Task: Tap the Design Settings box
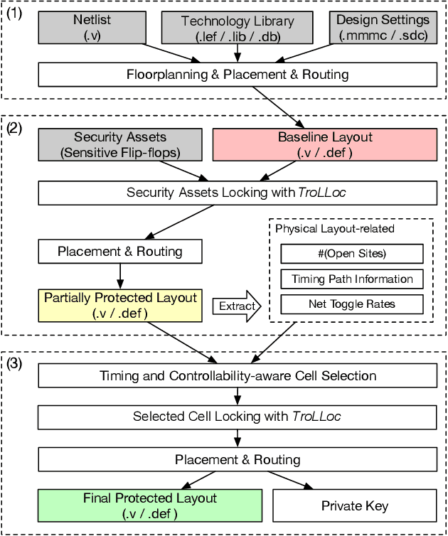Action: [x=383, y=28]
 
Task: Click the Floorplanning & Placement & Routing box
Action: [x=238, y=75]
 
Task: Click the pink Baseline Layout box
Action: [x=325, y=144]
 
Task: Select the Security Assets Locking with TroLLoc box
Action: [x=238, y=192]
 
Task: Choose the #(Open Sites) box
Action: [x=352, y=254]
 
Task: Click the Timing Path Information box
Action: [x=352, y=279]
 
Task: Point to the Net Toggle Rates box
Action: [x=352, y=304]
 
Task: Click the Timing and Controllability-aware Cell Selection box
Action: [x=238, y=375]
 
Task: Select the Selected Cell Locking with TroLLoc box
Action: [x=238, y=417]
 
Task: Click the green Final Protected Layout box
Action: [x=149, y=505]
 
